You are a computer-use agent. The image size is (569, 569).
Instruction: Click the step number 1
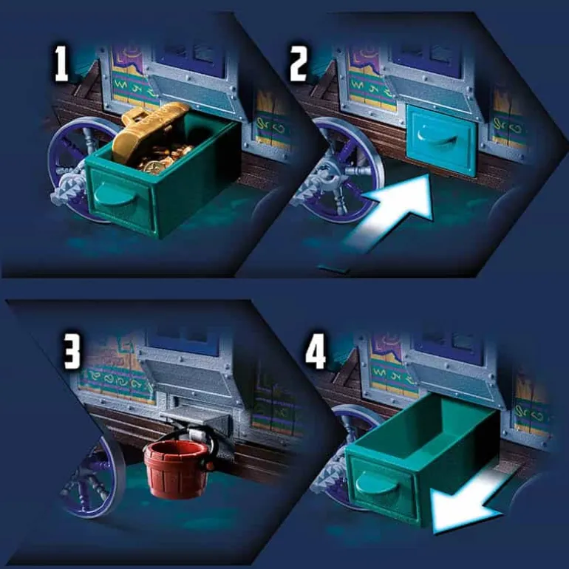61,64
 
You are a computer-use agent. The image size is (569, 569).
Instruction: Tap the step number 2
299,64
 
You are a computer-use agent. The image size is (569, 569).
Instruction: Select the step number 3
72,351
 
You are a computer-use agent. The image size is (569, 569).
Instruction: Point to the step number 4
316,351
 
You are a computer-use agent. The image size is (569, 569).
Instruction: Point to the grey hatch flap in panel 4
454,381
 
